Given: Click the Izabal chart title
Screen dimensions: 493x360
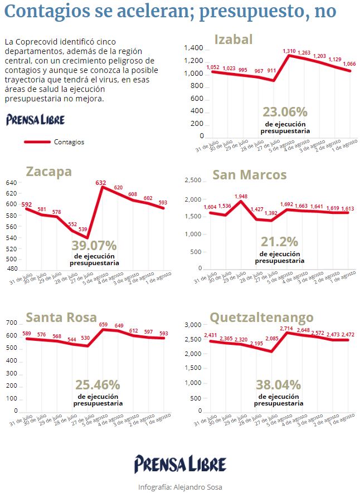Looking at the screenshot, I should pyautogui.click(x=233, y=40).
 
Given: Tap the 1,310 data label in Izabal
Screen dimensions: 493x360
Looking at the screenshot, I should pyautogui.click(x=289, y=51).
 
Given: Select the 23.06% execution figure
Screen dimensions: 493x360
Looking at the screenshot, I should pyautogui.click(x=285, y=111).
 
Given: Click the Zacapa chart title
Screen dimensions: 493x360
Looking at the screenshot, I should pyautogui.click(x=49, y=172).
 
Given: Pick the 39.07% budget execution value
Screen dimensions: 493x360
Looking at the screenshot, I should pyautogui.click(x=94, y=246).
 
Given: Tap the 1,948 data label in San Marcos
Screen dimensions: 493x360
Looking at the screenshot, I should pyautogui.click(x=241, y=197).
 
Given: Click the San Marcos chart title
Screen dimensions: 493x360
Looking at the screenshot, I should pyautogui.click(x=250, y=175).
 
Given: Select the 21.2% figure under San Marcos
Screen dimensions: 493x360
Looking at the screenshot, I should pyautogui.click(x=280, y=242).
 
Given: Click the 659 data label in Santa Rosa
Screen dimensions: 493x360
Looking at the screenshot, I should pyautogui.click(x=104, y=324).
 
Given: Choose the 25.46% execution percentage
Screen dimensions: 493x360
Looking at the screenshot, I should pyautogui.click(x=98, y=384).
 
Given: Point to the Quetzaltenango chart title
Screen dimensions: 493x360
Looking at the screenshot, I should pyautogui.click(x=261, y=318).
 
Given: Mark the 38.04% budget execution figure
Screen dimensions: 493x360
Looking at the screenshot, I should pyautogui.click(x=279, y=384).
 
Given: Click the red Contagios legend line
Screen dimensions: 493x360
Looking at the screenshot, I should pyautogui.click(x=37, y=142).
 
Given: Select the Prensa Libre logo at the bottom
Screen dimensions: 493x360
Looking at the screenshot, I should pyautogui.click(x=180, y=464).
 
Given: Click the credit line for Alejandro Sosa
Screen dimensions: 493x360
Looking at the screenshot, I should pyautogui.click(x=180, y=487).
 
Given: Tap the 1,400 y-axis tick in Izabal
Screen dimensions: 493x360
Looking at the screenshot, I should pyautogui.click(x=194, y=48).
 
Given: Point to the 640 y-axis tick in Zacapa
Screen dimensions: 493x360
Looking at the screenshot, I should pyautogui.click(x=11, y=183).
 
